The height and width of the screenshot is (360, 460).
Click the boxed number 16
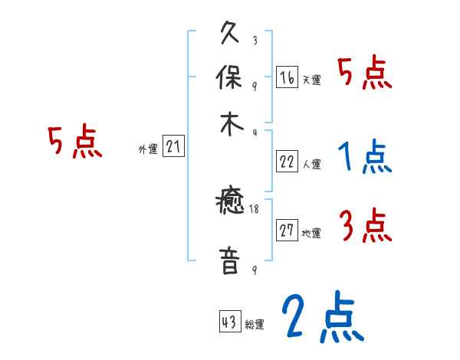click(287, 77)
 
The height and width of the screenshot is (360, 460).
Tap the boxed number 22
click(287, 161)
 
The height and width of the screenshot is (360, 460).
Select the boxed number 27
click(287, 231)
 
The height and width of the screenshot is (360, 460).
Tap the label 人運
click(311, 164)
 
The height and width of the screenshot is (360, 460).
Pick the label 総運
click(254, 325)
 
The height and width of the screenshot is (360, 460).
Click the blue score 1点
click(364, 158)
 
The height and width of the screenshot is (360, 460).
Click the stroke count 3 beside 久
click(254, 41)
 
